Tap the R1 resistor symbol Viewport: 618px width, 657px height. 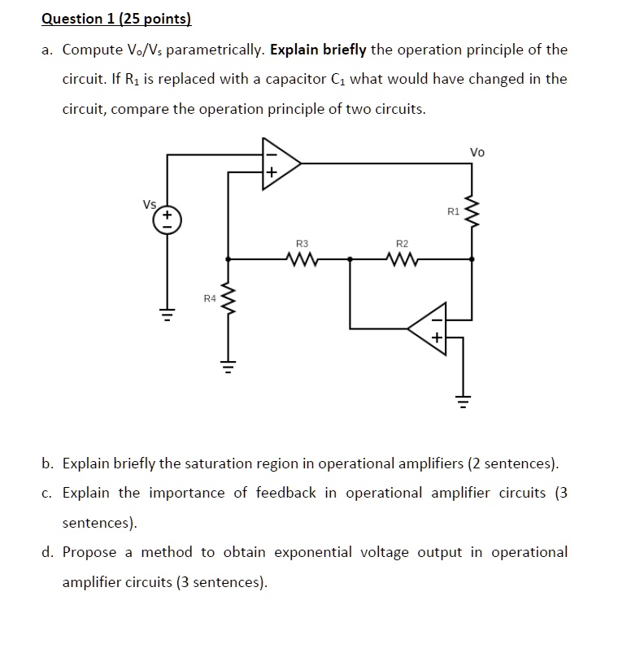pyautogui.click(x=472, y=213)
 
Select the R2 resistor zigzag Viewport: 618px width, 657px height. pyautogui.click(x=402, y=259)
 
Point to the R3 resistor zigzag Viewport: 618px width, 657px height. pyautogui.click(x=302, y=259)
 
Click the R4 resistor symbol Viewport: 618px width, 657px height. pyautogui.click(x=228, y=300)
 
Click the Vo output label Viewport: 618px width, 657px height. pyautogui.click(x=477, y=151)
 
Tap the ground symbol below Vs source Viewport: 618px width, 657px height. pyautogui.click(x=168, y=315)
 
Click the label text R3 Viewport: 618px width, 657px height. pyautogui.click(x=302, y=243)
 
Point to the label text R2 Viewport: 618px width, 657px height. pyautogui.click(x=402, y=243)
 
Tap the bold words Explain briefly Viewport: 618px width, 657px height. pyautogui.click(x=319, y=50)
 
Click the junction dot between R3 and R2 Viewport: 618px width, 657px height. pyautogui.click(x=350, y=259)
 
